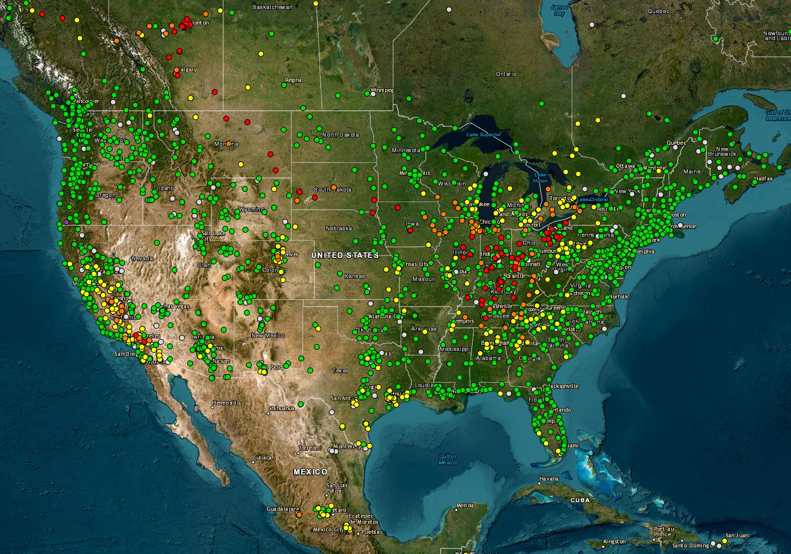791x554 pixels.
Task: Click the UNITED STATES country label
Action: click(345, 255)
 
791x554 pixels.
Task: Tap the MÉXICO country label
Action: click(310, 472)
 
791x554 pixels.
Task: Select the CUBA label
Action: click(580, 500)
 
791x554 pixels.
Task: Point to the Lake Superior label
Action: click(483, 134)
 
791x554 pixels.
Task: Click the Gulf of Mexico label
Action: click(447, 459)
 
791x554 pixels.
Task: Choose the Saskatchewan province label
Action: click(272, 7)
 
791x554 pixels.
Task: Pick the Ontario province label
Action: click(506, 74)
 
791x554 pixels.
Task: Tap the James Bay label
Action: click(559, 10)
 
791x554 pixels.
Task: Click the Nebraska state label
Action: click(338, 228)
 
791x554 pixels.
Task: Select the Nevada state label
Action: click(142, 258)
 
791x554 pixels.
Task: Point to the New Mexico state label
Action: click(268, 335)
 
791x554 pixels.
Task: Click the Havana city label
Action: click(549, 479)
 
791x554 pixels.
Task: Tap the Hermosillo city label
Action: click(226, 403)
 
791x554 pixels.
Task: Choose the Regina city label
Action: click(293, 80)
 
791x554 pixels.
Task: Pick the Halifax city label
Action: click(763, 178)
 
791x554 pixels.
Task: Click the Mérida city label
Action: click(465, 505)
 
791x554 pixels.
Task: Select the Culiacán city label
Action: click(263, 457)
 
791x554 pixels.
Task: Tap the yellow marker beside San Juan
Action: click(725, 541)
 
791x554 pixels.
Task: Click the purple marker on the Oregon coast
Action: click(66, 222)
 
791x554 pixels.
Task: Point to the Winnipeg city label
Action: click(382, 90)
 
